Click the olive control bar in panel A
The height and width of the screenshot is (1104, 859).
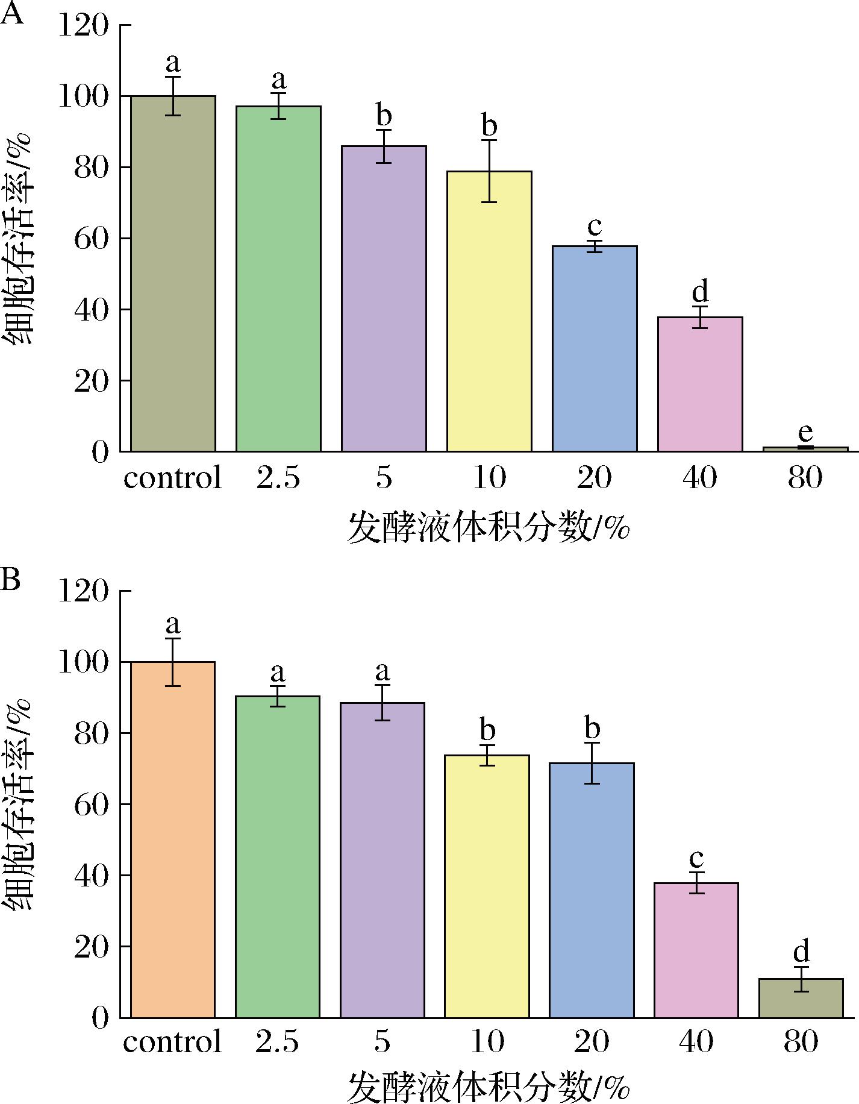pyautogui.click(x=173, y=274)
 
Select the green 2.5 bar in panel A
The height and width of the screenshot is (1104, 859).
pyautogui.click(x=278, y=278)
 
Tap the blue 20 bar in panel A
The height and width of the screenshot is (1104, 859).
pyautogui.click(x=595, y=348)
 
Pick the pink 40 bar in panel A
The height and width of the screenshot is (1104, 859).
pyautogui.click(x=700, y=384)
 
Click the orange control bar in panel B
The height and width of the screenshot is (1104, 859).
pyautogui.click(x=173, y=839)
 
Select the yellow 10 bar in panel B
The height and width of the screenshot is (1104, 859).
pyautogui.click(x=487, y=886)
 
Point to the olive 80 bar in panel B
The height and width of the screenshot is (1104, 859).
pyautogui.click(x=801, y=998)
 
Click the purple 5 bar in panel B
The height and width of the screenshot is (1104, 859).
pyautogui.click(x=383, y=860)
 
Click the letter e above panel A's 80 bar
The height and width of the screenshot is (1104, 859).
pyautogui.click(x=805, y=433)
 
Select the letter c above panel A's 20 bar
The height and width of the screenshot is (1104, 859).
pyautogui.click(x=595, y=227)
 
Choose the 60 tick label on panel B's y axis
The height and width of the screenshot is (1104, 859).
pyautogui.click(x=92, y=804)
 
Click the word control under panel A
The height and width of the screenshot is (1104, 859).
pyautogui.click(x=173, y=478)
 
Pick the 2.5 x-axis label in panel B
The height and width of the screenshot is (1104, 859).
pyautogui.click(x=277, y=1041)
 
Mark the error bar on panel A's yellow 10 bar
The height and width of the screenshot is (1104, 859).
pyautogui.click(x=489, y=171)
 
